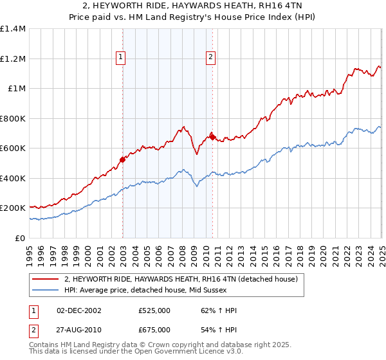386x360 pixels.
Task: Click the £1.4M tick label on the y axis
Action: pyautogui.click(x=14, y=29)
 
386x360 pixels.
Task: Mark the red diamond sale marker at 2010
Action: pyautogui.click(x=212, y=137)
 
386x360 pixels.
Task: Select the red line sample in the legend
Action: pyautogui.click(x=46, y=280)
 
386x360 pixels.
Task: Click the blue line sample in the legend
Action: pyautogui.click(x=46, y=291)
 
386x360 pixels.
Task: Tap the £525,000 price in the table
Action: pyautogui.click(x=154, y=310)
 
